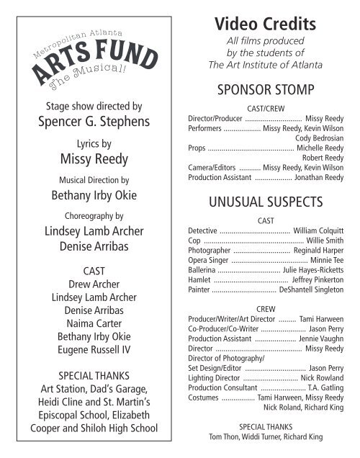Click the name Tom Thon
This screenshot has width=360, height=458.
click(x=225, y=436)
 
